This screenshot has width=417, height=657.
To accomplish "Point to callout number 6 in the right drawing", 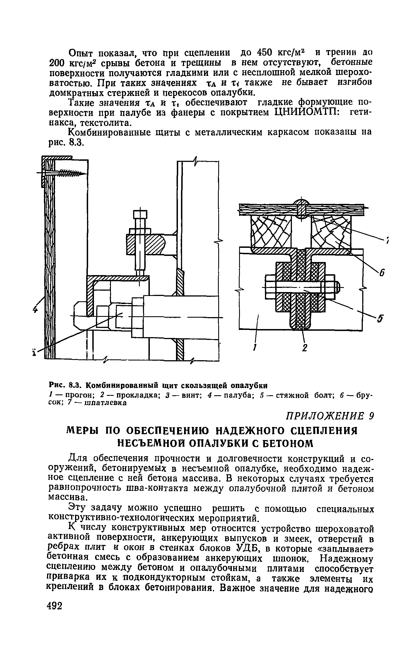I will click(382, 274).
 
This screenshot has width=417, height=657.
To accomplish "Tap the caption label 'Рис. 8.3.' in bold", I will click(65, 386).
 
